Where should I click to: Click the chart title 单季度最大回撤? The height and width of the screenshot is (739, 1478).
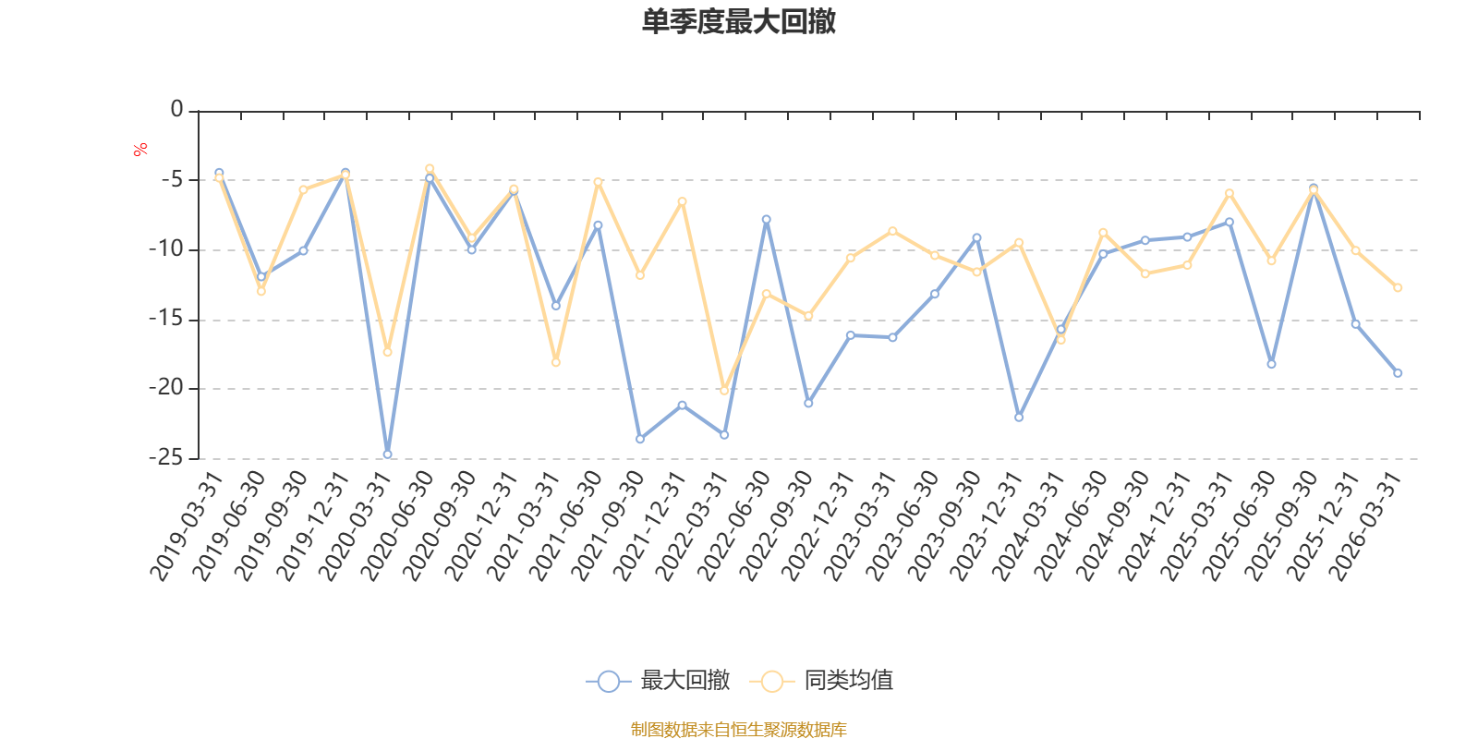738,22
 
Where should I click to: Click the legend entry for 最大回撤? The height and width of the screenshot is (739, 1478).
658,681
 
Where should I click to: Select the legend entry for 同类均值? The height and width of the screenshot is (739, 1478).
821,681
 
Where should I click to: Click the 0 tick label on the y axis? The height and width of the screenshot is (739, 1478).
176,110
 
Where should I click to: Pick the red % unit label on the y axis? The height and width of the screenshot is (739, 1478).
140,150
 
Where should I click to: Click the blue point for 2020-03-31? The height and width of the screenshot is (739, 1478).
387,454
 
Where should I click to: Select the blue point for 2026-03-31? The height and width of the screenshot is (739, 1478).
1398,373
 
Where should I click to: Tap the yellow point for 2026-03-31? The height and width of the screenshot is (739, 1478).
1398,287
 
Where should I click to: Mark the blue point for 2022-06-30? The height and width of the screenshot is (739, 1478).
766,219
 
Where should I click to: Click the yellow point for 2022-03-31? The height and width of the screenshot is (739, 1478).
724,391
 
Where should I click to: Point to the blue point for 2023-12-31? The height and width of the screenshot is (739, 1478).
1019,418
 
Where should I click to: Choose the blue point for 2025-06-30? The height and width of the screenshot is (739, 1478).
1271,364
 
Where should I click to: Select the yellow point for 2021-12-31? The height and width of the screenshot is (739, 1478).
682,200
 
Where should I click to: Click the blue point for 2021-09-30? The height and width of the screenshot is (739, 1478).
639,439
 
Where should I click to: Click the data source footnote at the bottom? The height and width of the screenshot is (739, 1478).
738,730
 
